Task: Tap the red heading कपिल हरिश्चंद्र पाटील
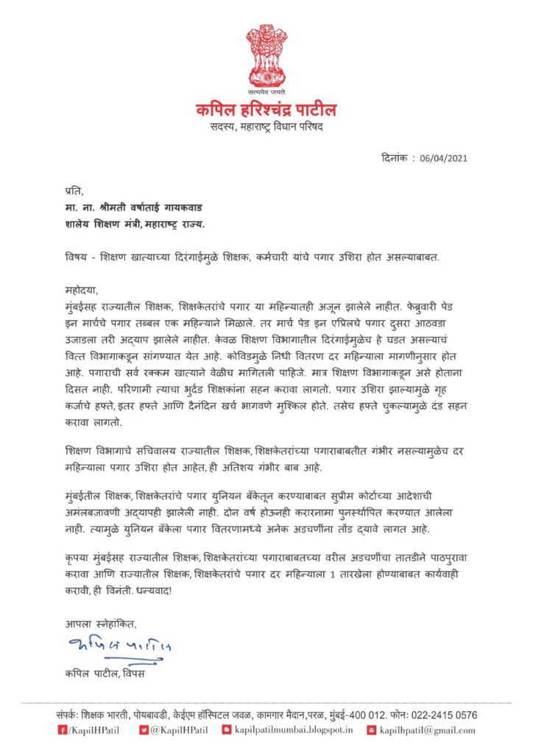(x=266, y=110)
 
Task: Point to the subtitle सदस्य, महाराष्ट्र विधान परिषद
(x=266, y=128)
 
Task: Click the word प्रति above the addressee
(x=74, y=190)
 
